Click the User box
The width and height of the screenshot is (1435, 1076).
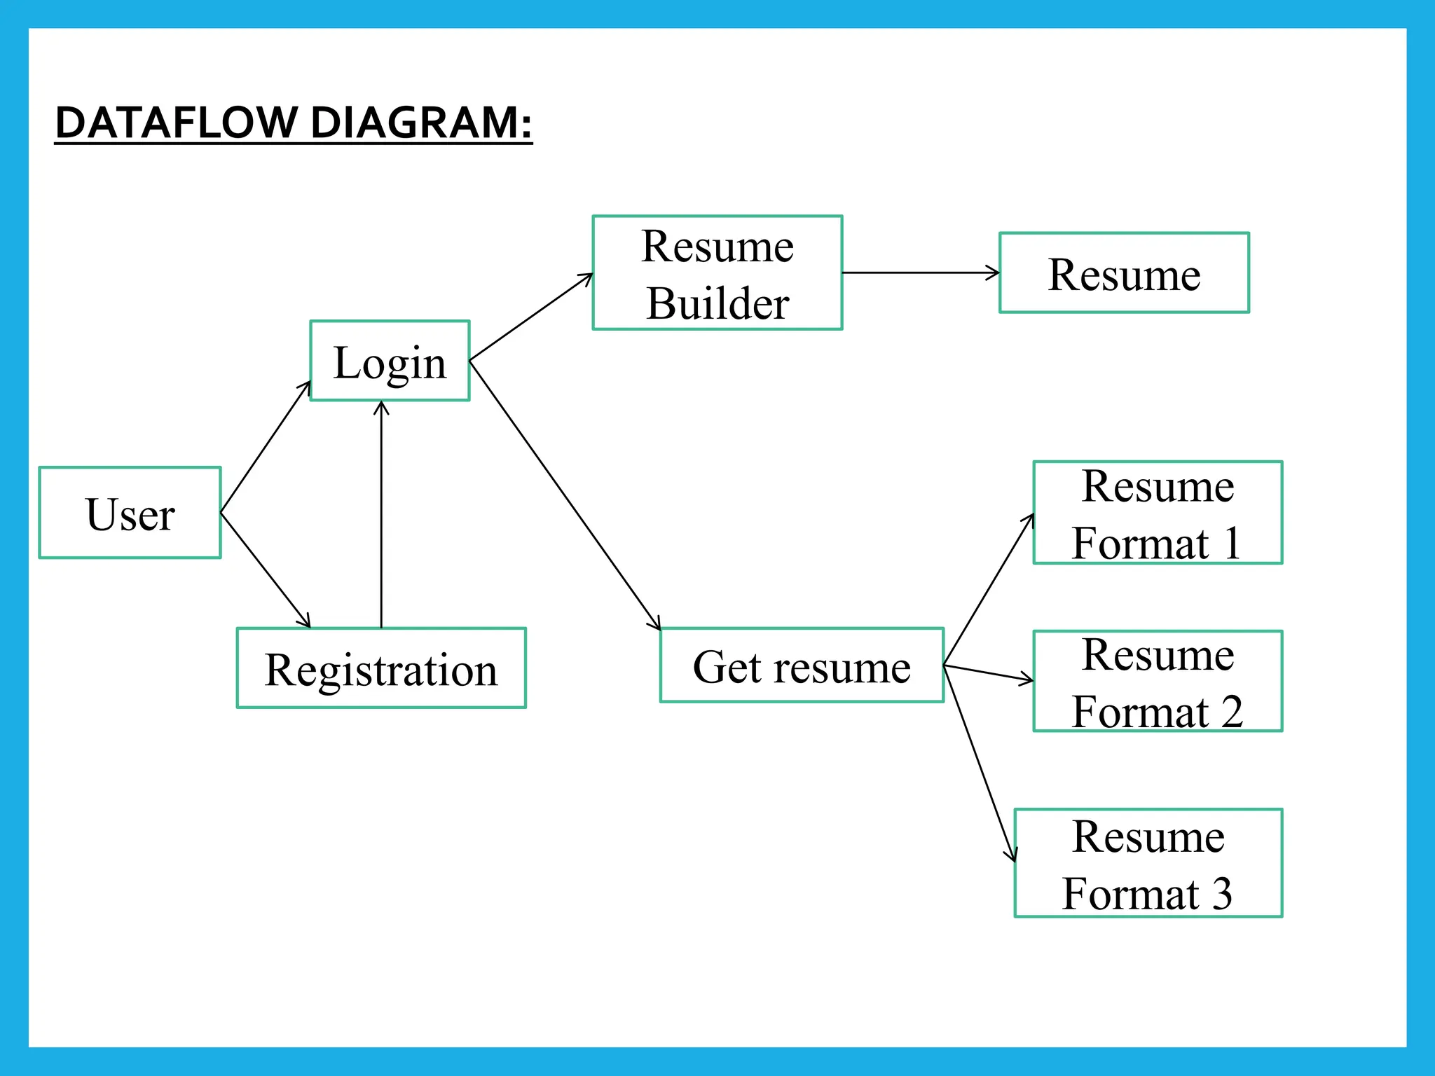pos(130,513)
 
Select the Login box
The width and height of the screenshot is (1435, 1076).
pos(390,361)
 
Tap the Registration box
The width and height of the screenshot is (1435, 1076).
pos(381,668)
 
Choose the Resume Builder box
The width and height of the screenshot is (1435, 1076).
pos(717,273)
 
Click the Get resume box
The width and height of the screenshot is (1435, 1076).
pos(802,665)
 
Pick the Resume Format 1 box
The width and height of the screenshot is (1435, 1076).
pos(1158,512)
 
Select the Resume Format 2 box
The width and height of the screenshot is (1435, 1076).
pos(1158,681)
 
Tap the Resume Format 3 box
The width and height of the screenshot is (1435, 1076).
pos(1148,862)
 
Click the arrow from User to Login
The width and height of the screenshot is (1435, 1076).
pos(266,447)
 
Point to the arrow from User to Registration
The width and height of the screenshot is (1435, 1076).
pos(265,569)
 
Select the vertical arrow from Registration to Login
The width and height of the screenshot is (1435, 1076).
pos(381,515)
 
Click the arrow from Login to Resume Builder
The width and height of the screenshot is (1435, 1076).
pos(531,317)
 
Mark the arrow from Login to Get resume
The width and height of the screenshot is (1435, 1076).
pos(565,495)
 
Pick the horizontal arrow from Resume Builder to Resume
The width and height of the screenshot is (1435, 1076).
pos(920,273)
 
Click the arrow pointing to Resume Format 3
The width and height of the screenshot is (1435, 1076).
pos(980,764)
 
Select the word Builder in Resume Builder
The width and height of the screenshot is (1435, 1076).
pos(717,303)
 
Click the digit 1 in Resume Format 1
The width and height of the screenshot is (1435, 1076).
pos(1232,543)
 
